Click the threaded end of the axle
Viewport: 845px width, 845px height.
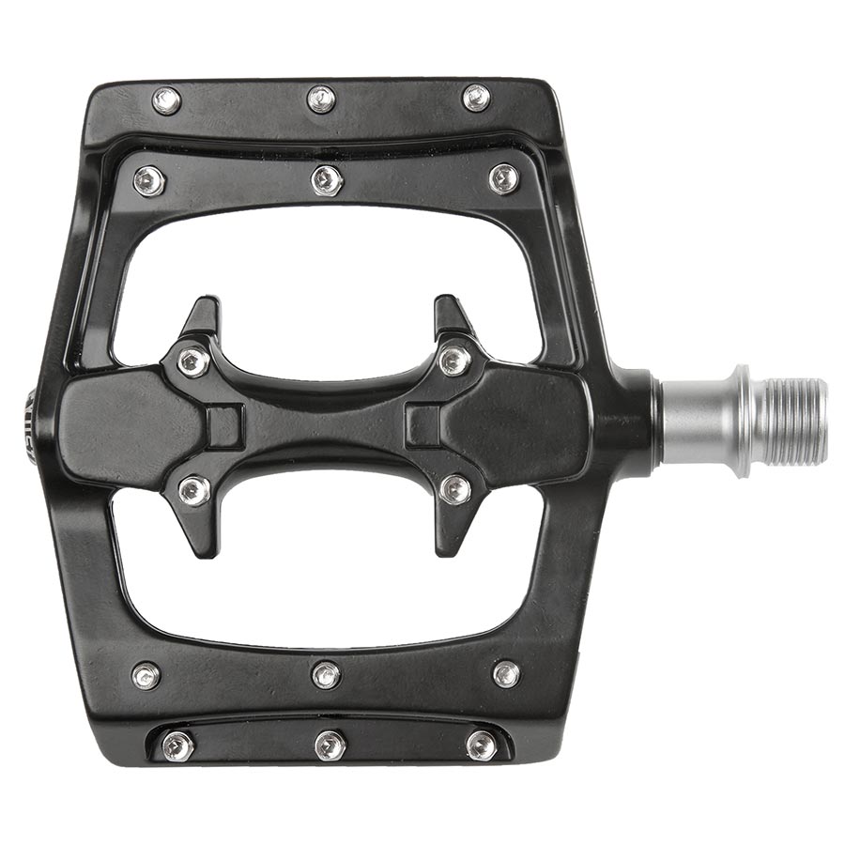point(796,420)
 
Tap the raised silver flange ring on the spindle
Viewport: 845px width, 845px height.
point(742,421)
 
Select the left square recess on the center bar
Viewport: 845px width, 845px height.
point(224,425)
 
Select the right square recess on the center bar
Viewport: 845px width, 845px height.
point(423,425)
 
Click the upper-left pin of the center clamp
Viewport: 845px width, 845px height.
point(193,361)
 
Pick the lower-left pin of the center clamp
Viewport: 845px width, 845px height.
point(193,488)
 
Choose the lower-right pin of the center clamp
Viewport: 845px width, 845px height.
point(455,488)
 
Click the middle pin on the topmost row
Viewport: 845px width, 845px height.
point(321,99)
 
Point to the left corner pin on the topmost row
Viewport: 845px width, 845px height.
point(166,100)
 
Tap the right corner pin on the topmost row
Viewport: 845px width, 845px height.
point(477,98)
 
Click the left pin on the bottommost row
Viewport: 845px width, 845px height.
point(177,746)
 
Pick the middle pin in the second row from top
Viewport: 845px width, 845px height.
point(327,179)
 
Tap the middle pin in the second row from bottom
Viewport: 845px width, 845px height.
point(326,674)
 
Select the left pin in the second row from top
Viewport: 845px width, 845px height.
point(149,180)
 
